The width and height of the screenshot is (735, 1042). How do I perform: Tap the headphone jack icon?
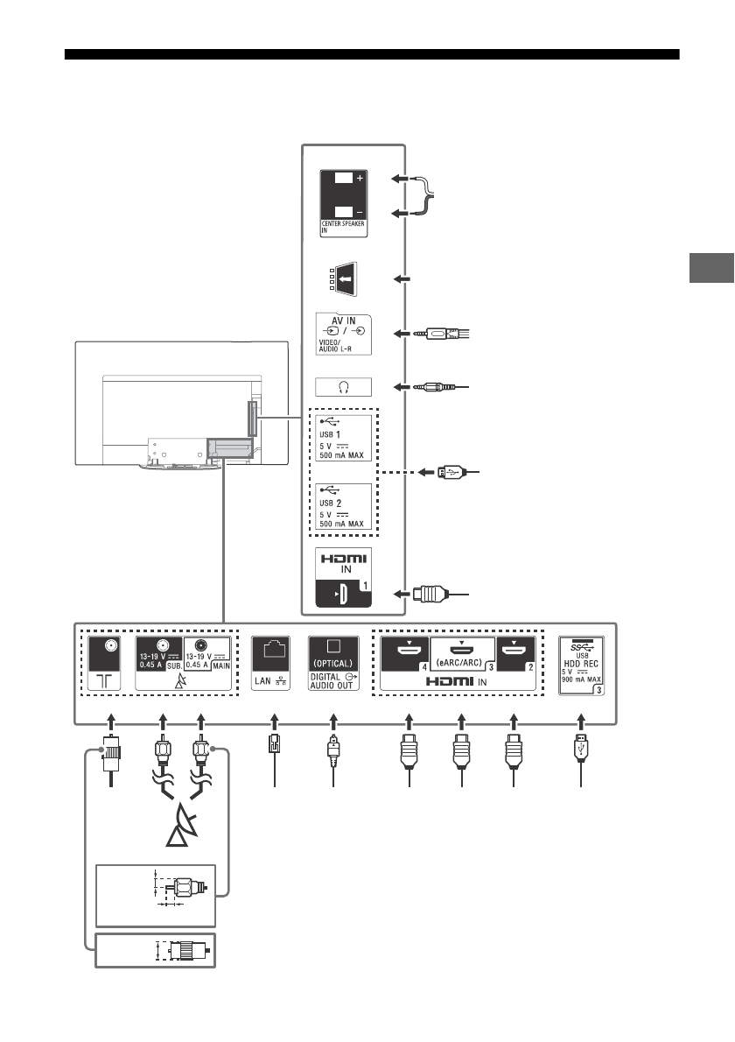tap(343, 386)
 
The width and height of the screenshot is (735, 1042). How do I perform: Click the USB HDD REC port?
tap(582, 663)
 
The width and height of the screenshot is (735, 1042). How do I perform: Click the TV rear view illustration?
tap(181, 403)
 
